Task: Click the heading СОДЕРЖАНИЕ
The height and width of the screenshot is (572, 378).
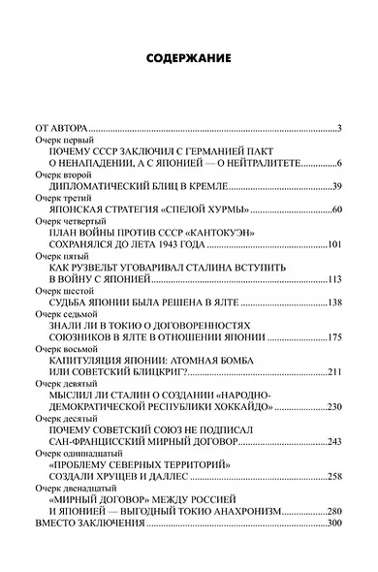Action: (189, 58)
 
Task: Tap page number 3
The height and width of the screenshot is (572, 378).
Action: (340, 128)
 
